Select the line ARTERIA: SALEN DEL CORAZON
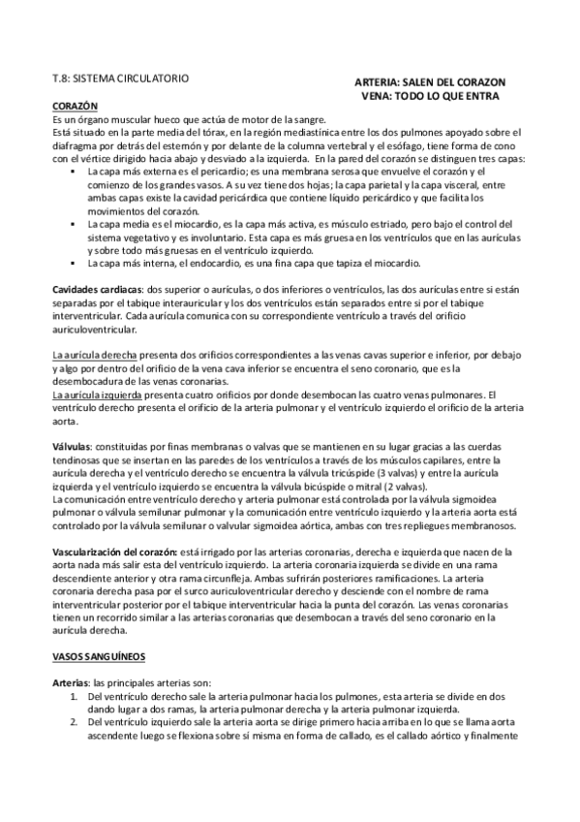point(430,82)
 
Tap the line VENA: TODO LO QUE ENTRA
point(430,97)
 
